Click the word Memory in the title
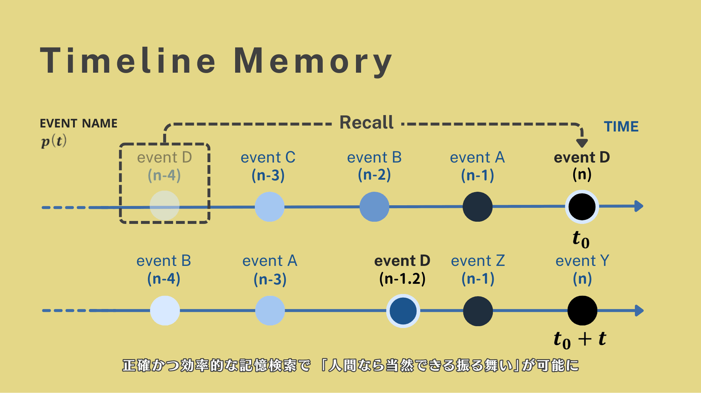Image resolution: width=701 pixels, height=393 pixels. point(313,61)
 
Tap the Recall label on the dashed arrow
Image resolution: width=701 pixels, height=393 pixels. point(367,123)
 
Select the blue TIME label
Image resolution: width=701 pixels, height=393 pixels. point(621,127)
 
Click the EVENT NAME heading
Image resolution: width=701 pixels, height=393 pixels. point(78,123)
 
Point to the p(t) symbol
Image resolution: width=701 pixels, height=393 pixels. point(54,141)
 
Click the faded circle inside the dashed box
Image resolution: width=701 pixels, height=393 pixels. point(165,206)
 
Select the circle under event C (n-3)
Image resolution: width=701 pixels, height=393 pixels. point(269,207)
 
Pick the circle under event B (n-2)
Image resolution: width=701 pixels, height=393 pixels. point(374,207)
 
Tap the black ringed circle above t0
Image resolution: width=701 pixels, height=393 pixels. point(582,207)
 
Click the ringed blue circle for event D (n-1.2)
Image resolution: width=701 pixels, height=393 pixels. point(403,311)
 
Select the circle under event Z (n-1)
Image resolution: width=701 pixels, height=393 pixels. point(478,311)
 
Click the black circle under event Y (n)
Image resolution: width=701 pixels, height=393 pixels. point(582,310)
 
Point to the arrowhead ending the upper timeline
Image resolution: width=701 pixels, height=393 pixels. point(639,206)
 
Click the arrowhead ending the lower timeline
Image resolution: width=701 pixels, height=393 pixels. point(639,310)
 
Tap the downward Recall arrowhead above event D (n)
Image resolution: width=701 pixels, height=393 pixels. point(582,143)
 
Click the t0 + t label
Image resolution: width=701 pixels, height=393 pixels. point(580,339)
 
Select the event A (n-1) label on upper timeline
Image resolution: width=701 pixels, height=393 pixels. point(477,166)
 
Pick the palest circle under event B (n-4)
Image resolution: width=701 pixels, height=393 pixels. point(165,310)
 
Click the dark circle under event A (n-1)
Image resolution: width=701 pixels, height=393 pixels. point(478,207)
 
